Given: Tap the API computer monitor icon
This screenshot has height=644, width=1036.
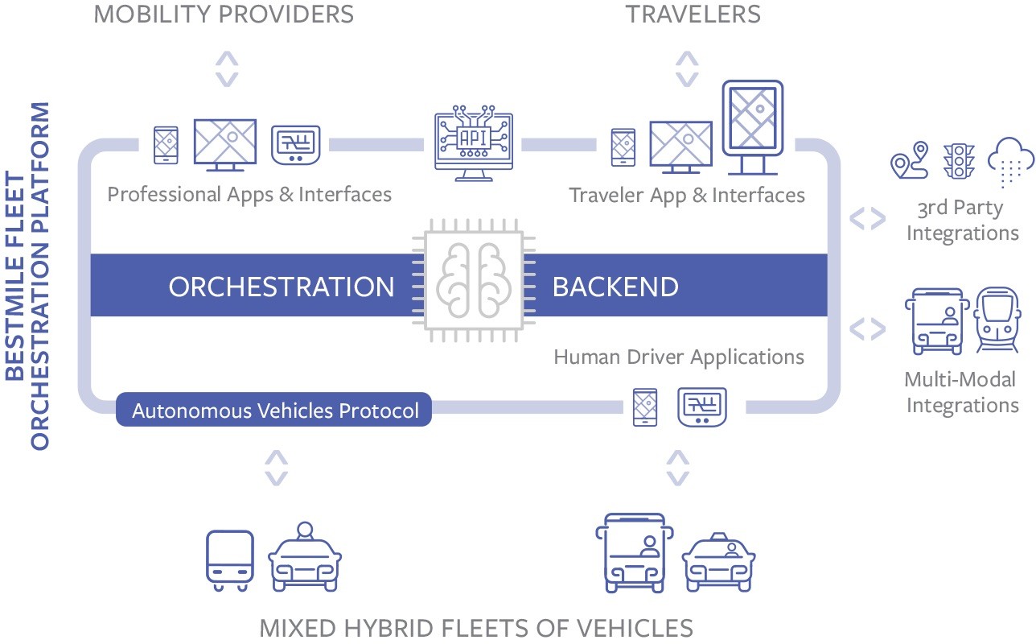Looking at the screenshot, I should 473,142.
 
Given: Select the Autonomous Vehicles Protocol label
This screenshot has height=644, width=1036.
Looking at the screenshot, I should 275,411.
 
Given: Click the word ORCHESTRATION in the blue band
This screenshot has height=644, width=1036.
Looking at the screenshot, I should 281,287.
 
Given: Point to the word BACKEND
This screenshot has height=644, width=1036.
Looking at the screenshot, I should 615,287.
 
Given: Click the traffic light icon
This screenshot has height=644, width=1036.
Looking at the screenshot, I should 958,161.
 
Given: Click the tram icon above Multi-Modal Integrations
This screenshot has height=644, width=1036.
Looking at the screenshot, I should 996,320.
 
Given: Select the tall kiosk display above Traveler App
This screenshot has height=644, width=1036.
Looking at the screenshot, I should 752,127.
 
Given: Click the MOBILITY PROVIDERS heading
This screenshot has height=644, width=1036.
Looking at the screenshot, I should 224,14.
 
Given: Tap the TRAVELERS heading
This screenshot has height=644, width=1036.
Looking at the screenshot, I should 693,14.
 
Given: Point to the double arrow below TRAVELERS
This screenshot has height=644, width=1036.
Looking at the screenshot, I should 686,68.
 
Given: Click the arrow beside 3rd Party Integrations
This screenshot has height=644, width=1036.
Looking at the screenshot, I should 868,218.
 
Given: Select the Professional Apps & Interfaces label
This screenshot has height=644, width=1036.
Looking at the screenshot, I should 249,194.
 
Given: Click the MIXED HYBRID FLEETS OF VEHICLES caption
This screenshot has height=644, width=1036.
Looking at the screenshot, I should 476,627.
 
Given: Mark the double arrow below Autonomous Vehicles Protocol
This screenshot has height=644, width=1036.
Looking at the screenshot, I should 276,468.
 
